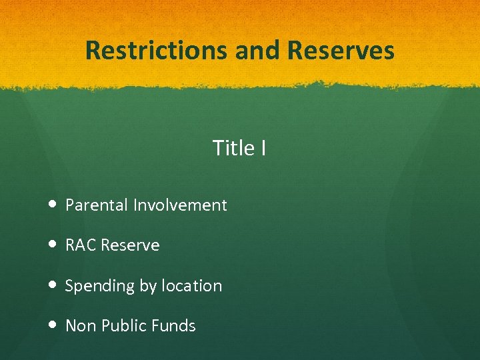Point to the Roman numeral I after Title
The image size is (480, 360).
coord(263,148)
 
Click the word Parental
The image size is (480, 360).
coord(97,205)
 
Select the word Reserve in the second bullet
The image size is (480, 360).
coord(131,245)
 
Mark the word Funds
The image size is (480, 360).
coord(173,326)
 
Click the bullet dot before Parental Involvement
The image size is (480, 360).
coord(53,205)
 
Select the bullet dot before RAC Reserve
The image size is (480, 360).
coord(53,245)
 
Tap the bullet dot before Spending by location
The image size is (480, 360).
coord(53,286)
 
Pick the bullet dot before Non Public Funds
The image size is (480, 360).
coord(53,326)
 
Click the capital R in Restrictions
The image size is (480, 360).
coord(93,51)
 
